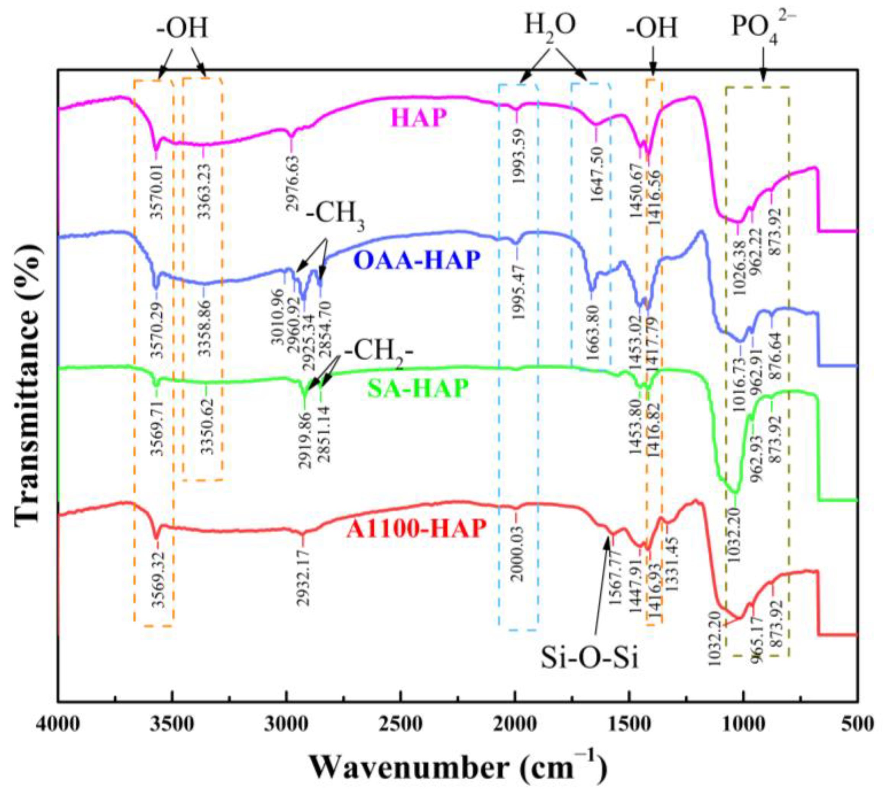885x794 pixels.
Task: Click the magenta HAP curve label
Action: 419,118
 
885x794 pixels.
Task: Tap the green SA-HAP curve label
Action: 417,388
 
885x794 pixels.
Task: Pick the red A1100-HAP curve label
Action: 416,529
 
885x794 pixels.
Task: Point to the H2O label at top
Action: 550,28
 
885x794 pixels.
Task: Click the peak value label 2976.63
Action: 293,183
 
